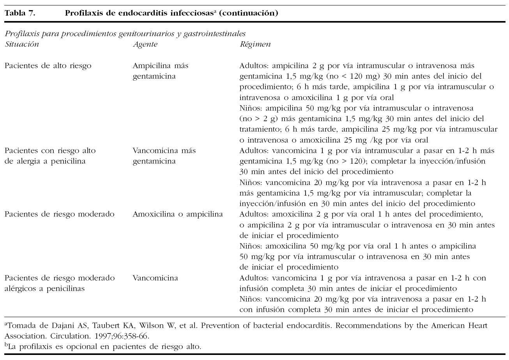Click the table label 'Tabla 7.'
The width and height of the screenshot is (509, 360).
click(20, 14)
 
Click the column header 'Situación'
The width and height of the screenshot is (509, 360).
click(22, 44)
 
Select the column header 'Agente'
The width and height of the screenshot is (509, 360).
click(145, 44)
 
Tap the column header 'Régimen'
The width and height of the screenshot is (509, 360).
click(255, 44)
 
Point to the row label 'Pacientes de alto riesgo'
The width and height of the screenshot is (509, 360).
click(48, 65)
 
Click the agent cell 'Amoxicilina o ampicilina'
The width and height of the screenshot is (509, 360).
click(178, 214)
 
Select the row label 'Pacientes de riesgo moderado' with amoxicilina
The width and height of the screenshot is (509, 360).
click(59, 214)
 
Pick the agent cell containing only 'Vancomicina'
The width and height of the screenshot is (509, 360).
click(155, 278)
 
